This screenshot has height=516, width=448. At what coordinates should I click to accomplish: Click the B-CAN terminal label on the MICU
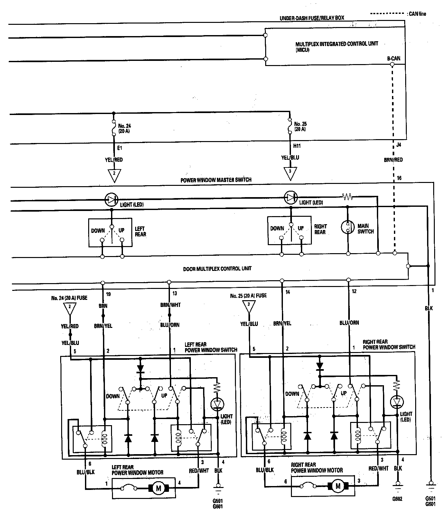pyautogui.click(x=394, y=58)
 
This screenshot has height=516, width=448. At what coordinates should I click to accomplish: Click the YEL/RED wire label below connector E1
pyautogui.click(x=114, y=159)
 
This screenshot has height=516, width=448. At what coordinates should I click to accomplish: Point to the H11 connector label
pyautogui.click(x=297, y=146)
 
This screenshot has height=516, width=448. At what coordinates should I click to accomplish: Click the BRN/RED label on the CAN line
pyautogui.click(x=393, y=159)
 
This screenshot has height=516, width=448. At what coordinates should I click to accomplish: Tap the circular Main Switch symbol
pyautogui.click(x=348, y=227)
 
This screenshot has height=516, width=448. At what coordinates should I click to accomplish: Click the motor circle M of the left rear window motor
pyautogui.click(x=158, y=488)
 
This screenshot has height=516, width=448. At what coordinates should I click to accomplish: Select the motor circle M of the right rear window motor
pyautogui.click(x=338, y=486)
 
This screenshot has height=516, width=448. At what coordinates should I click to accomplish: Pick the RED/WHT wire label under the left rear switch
pyautogui.click(x=199, y=471)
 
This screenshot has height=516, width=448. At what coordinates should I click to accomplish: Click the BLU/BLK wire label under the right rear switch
pyautogui.click(x=265, y=470)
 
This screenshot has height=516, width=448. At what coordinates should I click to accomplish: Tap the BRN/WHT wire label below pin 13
pyautogui.click(x=171, y=305)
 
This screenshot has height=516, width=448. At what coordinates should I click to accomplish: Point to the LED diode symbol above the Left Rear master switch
pyautogui.click(x=112, y=200)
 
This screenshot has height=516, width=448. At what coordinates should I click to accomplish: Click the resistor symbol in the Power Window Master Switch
pyautogui.click(x=347, y=196)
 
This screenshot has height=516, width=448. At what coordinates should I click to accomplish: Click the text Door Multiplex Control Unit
pyautogui.click(x=217, y=268)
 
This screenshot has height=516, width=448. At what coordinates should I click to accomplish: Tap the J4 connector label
pyautogui.click(x=398, y=145)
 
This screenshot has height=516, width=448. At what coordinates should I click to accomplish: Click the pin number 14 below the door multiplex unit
pyautogui.click(x=287, y=292)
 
